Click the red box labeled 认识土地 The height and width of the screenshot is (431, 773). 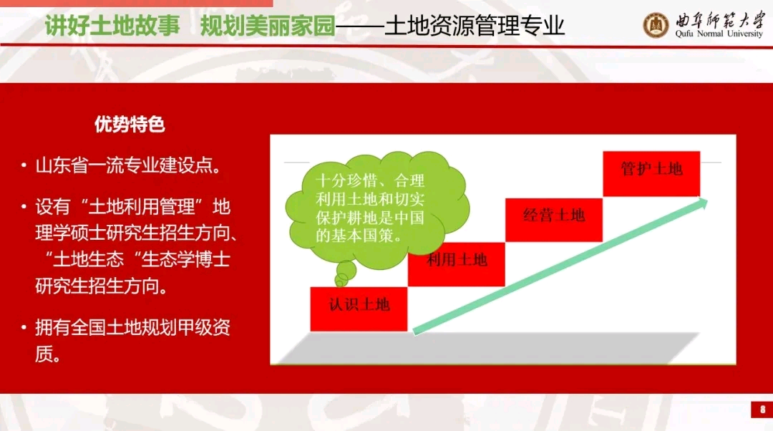(x=359, y=309)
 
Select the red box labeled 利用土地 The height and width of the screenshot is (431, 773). (x=456, y=264)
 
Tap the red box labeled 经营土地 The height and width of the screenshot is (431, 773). (x=553, y=220)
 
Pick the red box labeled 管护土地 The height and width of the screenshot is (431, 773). (x=651, y=173)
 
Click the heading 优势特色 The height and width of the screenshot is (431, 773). (x=130, y=125)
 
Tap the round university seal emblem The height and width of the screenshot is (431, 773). (x=656, y=24)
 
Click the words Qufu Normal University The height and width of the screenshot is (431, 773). (x=719, y=34)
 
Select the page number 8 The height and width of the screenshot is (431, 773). (x=763, y=410)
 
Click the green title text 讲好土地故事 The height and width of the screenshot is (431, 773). (x=112, y=25)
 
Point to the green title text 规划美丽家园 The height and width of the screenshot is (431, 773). (x=268, y=25)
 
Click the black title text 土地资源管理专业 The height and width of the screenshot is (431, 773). (x=475, y=25)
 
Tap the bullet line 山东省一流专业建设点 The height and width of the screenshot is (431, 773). (x=127, y=165)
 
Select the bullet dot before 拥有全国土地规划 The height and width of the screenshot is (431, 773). (x=24, y=326)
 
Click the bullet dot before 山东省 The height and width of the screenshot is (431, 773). (x=24, y=165)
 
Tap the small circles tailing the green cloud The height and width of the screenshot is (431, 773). (x=344, y=273)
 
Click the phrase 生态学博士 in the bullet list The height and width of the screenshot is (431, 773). (x=185, y=259)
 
